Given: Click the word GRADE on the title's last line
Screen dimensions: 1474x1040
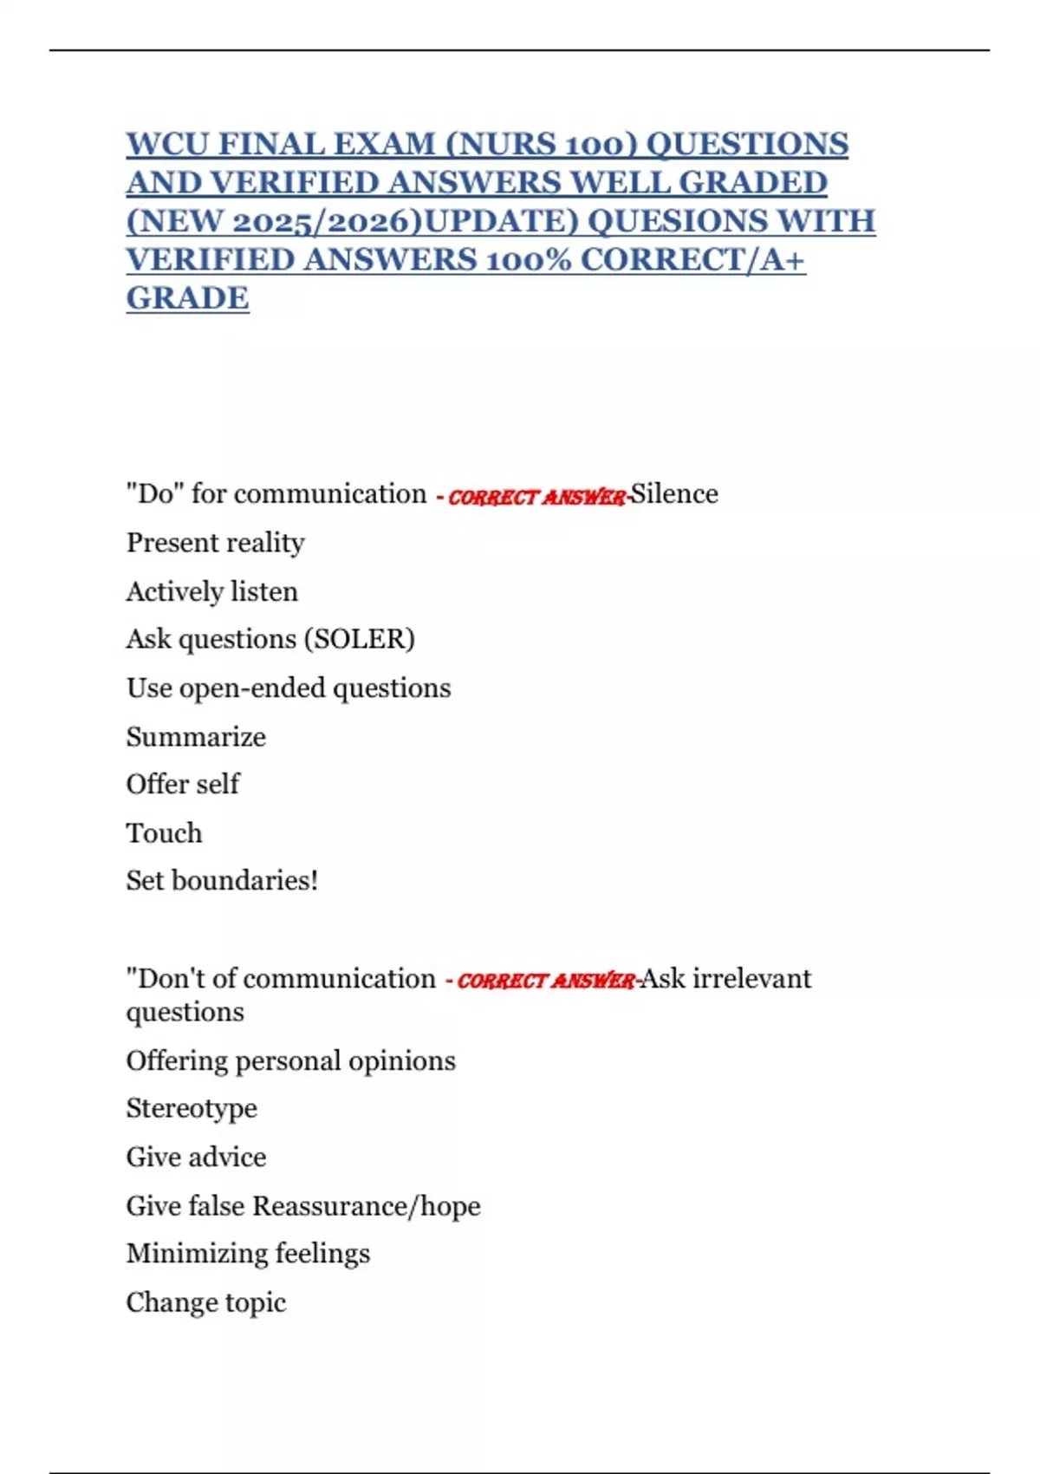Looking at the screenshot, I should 187,297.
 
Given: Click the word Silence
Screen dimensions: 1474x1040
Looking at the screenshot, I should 674,494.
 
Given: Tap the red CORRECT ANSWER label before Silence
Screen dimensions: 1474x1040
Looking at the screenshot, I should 536,497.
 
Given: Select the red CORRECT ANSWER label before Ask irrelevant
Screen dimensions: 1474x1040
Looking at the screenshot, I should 546,981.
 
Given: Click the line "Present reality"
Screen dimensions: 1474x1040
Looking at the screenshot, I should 215,543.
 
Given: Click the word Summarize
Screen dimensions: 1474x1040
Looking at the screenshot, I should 196,737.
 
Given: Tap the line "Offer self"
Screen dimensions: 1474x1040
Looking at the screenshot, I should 183,784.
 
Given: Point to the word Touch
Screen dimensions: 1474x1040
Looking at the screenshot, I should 164,833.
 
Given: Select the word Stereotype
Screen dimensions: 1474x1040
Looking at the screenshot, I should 192,1108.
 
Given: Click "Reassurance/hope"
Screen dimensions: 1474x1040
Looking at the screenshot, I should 366,1206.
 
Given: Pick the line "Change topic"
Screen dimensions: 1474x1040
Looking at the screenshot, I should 205,1302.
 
